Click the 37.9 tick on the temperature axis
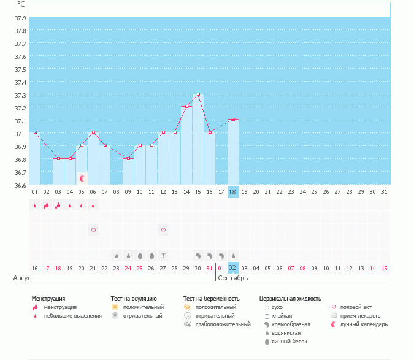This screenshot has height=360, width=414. [20, 18]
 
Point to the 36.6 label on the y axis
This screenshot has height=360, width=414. [20, 185]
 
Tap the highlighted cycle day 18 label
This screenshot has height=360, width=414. [232, 192]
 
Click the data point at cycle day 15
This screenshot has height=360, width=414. [198, 94]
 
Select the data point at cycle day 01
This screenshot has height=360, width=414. [35, 132]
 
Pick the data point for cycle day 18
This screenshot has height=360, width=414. [233, 120]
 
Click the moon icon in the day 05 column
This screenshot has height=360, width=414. [82, 178]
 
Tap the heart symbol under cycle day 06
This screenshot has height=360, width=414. [93, 230]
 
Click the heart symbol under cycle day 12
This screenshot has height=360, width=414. [163, 230]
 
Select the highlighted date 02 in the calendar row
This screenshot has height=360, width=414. [232, 268]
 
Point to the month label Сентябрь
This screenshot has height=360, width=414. [232, 278]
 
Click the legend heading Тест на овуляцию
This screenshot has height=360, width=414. [134, 299]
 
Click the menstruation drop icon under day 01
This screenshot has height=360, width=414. [34, 205]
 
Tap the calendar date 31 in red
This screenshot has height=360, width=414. [210, 268]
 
